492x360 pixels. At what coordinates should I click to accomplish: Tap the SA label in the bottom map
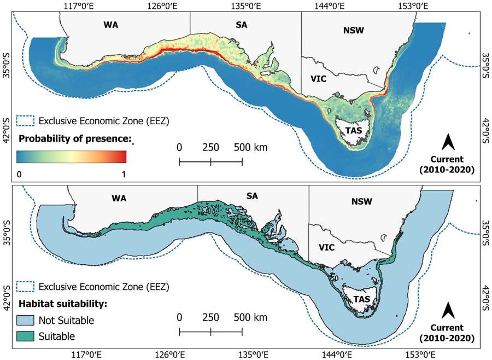tap(252, 195)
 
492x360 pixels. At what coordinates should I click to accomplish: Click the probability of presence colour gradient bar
tap(71, 156)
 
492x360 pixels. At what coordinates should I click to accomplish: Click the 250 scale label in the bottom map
tap(210, 317)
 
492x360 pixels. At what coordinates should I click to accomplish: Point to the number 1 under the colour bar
tap(124, 173)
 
